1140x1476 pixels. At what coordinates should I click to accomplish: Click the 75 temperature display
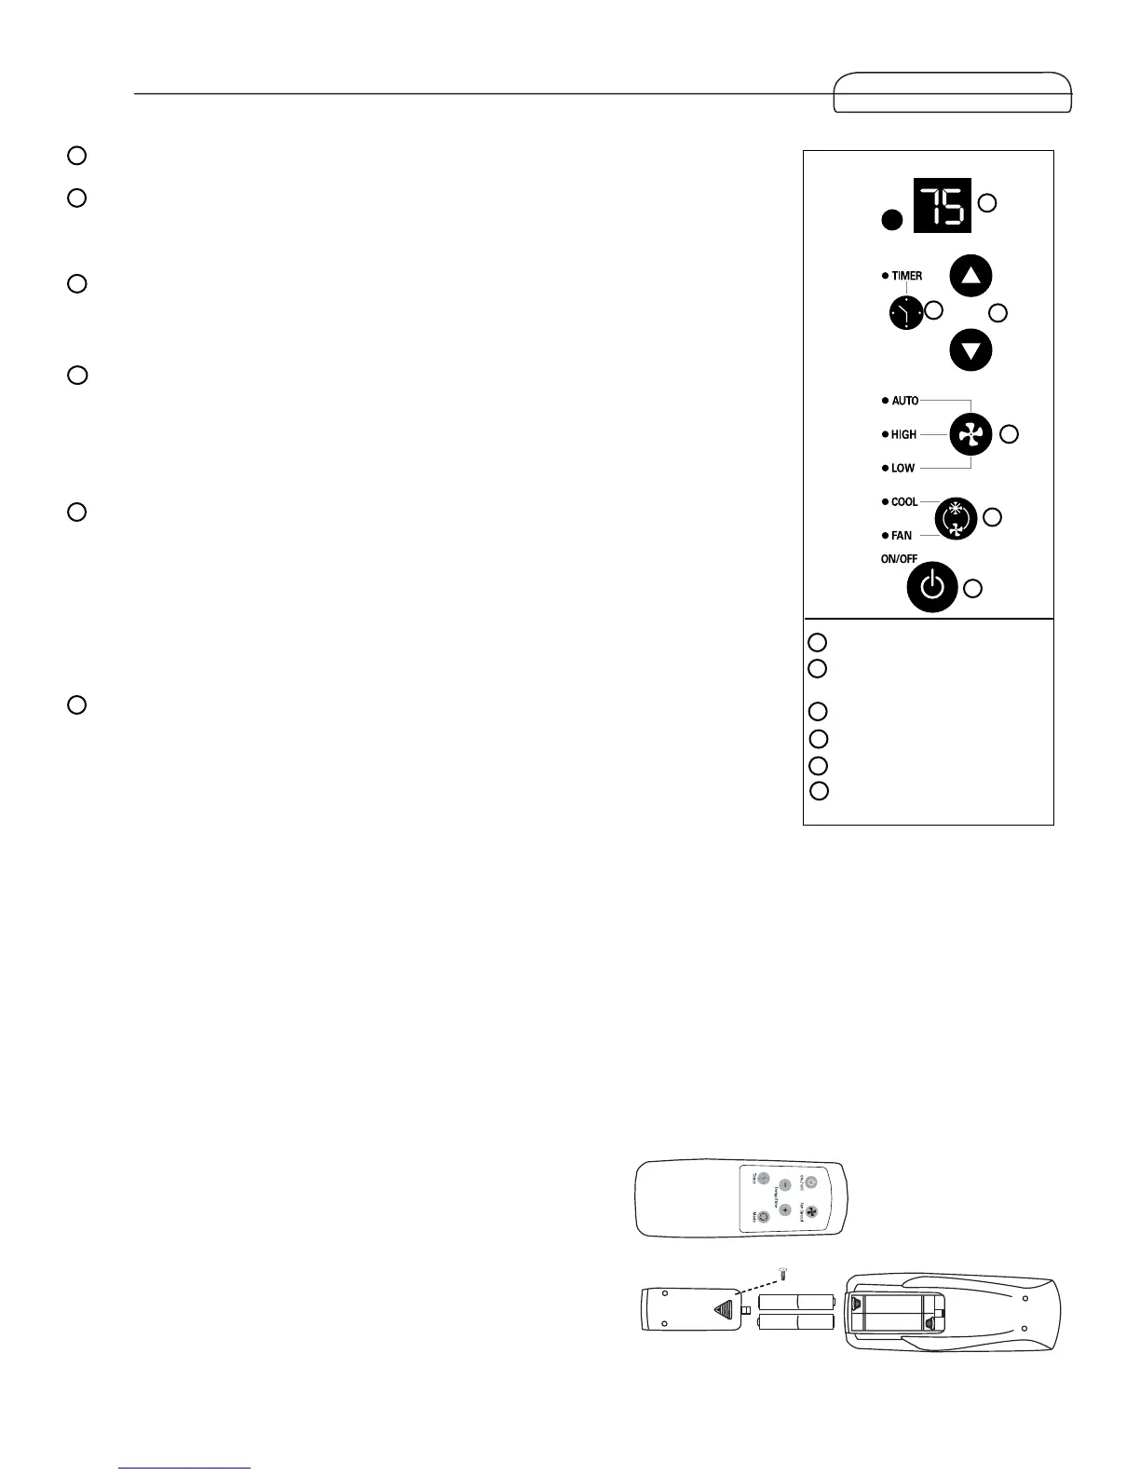942,204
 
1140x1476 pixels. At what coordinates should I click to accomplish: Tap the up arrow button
970,276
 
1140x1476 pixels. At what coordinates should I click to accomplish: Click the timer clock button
905,314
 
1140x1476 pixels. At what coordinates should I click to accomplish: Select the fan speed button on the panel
970,434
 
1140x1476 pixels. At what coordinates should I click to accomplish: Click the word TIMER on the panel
906,276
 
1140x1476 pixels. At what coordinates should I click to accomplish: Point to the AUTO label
904,401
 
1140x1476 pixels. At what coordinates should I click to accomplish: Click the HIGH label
903,434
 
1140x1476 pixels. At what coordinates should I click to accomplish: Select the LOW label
902,468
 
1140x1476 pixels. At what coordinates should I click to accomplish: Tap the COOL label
904,502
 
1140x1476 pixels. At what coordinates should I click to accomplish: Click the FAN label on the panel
902,536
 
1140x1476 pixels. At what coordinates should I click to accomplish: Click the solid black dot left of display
892,221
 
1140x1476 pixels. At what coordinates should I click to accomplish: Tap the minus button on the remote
785,1185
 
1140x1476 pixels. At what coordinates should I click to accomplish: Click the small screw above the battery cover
781,1273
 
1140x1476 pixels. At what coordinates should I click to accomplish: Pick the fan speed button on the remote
810,1212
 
